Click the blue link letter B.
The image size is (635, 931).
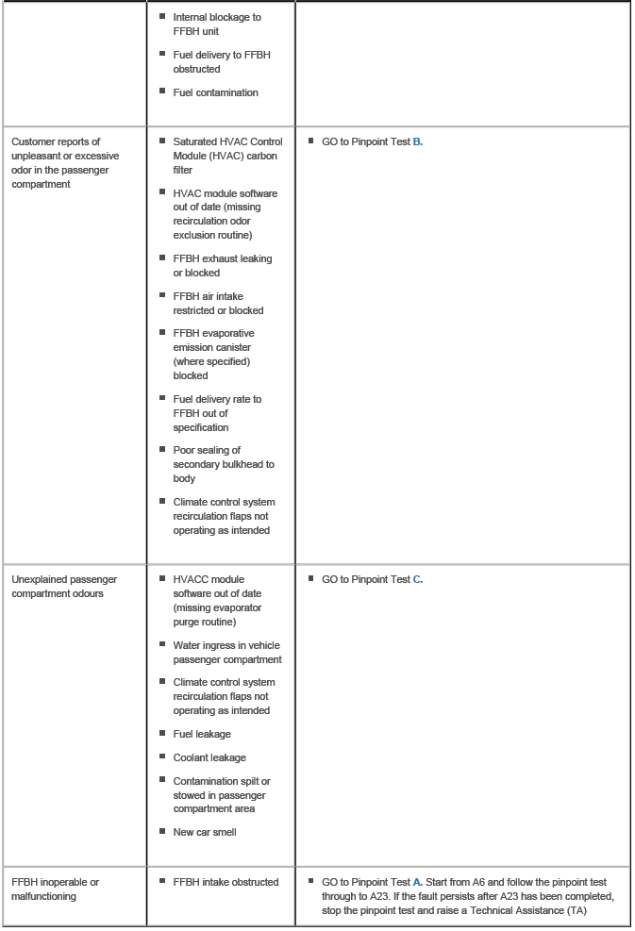[x=418, y=141]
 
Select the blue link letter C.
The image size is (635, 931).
[x=418, y=579]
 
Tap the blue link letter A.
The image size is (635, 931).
[x=418, y=882]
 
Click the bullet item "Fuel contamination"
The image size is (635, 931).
[x=215, y=92]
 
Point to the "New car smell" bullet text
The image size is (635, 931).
[x=204, y=832]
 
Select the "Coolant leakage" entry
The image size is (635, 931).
[x=209, y=757]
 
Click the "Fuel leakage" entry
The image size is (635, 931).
[x=202, y=734]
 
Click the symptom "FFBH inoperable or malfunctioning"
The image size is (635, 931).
[x=55, y=889]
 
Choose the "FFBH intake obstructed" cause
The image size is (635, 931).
[x=226, y=882]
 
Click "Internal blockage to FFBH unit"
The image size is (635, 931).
[x=217, y=24]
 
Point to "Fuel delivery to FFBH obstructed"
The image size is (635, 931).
[x=221, y=61]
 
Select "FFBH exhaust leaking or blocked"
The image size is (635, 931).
[x=222, y=265]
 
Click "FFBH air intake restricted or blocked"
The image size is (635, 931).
[x=218, y=303]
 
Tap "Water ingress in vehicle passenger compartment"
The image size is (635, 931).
[x=226, y=652]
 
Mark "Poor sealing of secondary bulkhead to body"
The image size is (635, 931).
[x=224, y=464]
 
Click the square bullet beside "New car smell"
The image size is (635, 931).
[x=162, y=831]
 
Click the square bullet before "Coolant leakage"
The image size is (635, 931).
[x=162, y=756]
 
